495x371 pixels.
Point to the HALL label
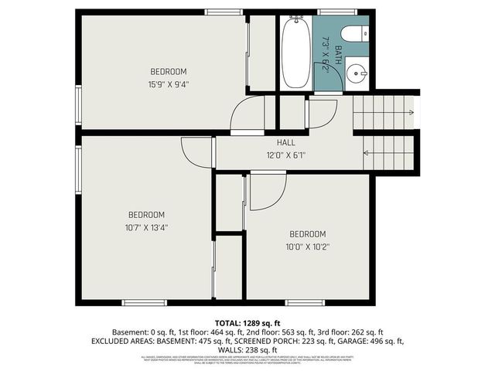pos(285,143)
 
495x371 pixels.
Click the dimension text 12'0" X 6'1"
pos(285,155)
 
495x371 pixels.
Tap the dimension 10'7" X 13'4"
pos(147,227)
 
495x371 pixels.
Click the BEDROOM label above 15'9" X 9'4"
pos(168,72)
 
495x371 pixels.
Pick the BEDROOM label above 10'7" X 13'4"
pos(146,215)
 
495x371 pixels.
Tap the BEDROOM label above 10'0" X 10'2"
pos(308,234)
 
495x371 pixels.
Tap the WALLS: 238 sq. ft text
pos(247,349)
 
